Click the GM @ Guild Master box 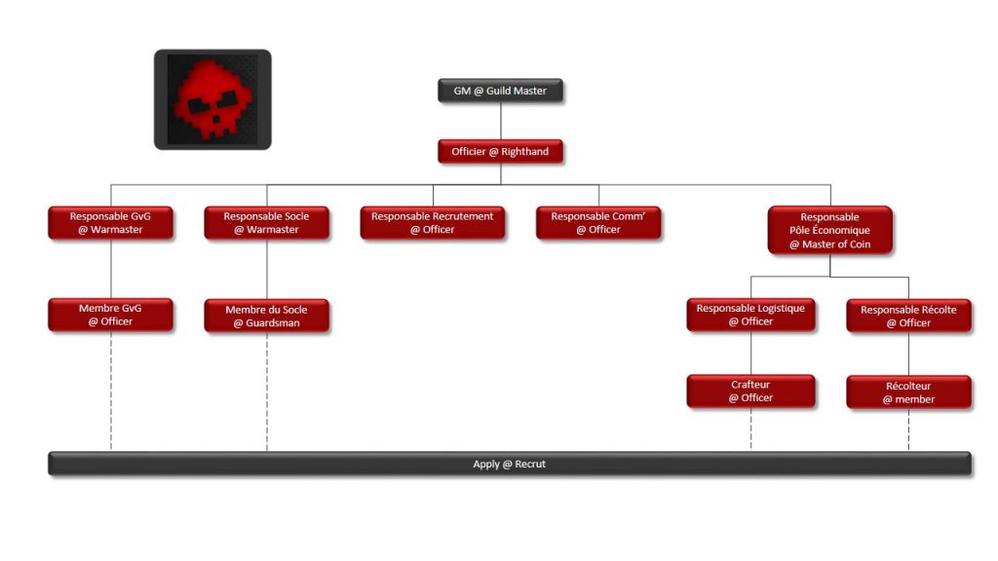coord(500,92)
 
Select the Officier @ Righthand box coord(500,152)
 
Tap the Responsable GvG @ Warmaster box coord(111,223)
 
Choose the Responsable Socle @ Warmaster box coord(266,223)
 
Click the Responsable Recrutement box coord(432,223)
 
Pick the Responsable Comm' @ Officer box coord(598,223)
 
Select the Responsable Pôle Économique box coord(829,231)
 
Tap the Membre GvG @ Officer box coord(111,315)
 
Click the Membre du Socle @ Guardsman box coord(266,316)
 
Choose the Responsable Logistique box coord(750,315)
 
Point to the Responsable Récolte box coord(908,316)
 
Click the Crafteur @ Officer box coord(750,391)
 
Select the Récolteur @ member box coord(908,393)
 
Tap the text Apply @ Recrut coord(509,465)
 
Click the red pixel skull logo coord(212,99)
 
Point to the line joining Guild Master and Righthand coord(501,122)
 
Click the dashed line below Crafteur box coord(750,430)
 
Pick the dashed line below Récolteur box coord(908,430)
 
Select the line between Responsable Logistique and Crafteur coord(750,353)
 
